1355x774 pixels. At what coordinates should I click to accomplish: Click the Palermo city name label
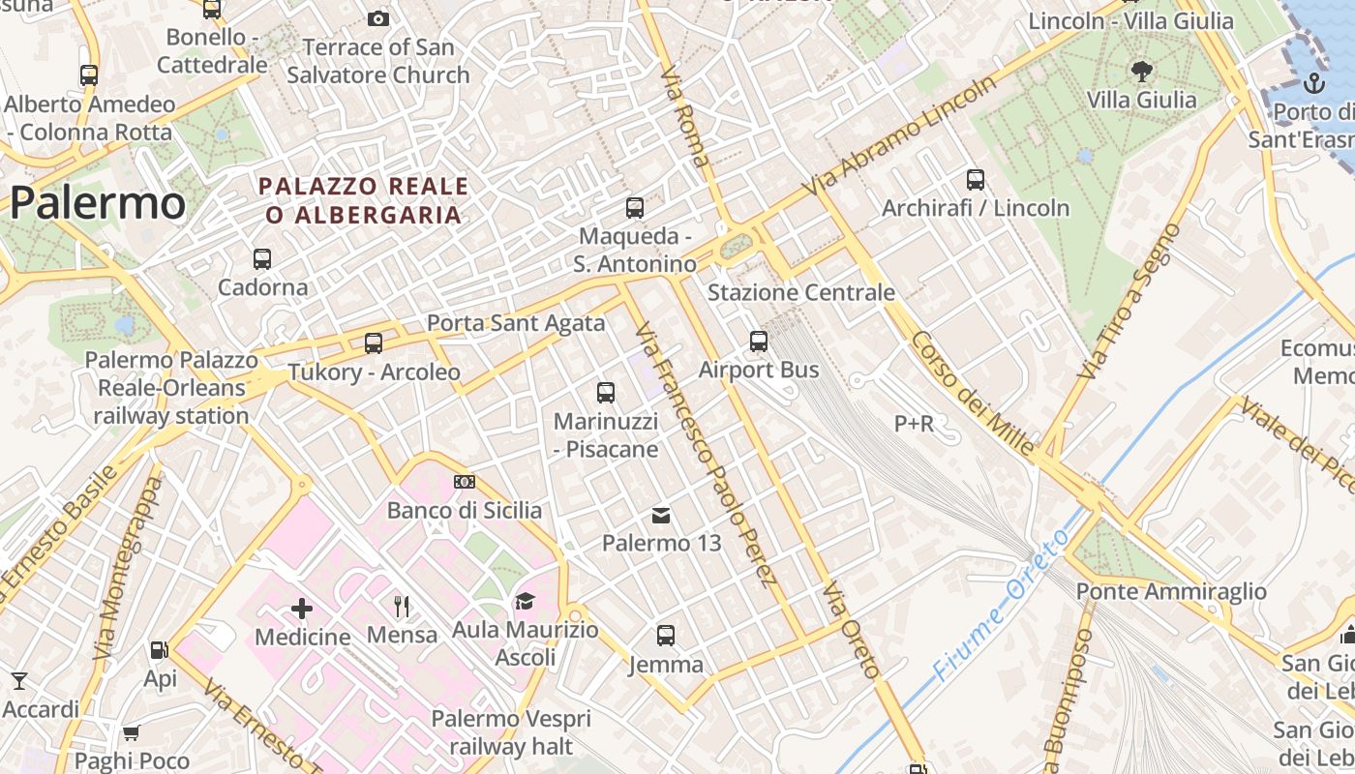click(x=97, y=203)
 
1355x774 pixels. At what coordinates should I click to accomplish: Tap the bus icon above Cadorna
click(x=262, y=259)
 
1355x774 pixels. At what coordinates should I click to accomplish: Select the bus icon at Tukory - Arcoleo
click(x=374, y=343)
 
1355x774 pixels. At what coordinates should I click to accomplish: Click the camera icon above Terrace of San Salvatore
click(x=378, y=18)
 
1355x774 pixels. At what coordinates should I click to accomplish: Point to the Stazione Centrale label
click(x=801, y=292)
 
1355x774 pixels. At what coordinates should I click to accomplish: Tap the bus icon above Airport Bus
click(x=759, y=342)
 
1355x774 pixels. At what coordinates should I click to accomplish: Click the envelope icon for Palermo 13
click(x=661, y=515)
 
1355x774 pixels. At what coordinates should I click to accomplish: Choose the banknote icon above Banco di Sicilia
click(x=465, y=482)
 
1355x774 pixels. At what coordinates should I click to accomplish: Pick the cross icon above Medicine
click(x=302, y=609)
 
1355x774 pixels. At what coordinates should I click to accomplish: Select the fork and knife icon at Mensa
click(x=402, y=607)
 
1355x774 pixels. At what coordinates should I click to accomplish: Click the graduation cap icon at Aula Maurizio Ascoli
click(x=525, y=602)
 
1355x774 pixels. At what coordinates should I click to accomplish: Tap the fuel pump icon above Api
click(x=159, y=650)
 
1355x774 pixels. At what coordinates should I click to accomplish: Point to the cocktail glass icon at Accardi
click(x=17, y=681)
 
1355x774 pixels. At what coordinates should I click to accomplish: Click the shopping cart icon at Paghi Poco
click(x=131, y=732)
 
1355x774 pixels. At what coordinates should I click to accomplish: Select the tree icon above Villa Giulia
click(x=1142, y=70)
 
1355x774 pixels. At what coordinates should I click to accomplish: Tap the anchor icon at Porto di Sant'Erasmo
click(x=1314, y=83)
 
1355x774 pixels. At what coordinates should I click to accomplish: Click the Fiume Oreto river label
click(x=1002, y=605)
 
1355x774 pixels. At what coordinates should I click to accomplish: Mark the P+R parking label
click(x=914, y=423)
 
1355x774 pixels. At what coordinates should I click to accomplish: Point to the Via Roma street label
click(x=685, y=116)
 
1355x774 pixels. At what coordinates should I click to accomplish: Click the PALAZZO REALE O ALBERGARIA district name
click(x=363, y=200)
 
